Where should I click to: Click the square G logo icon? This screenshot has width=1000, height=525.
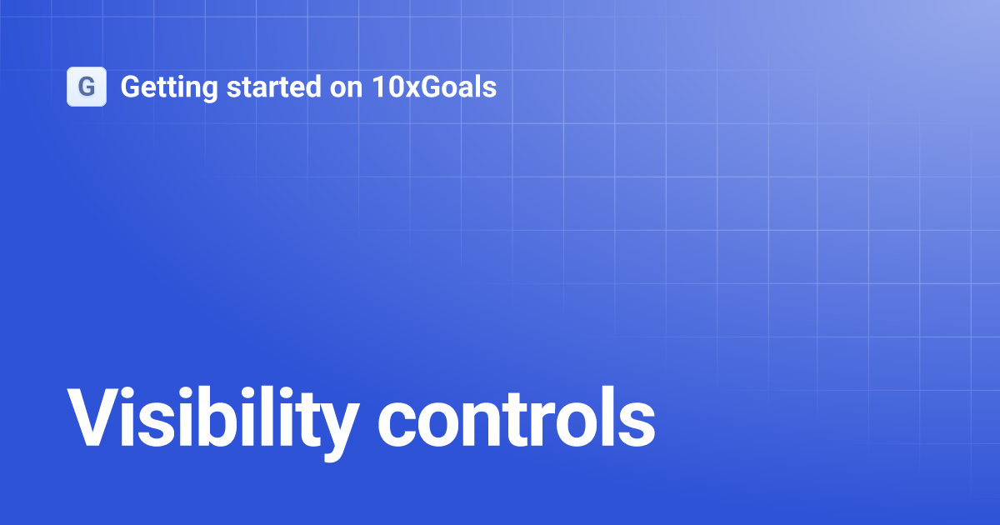pyautogui.click(x=86, y=87)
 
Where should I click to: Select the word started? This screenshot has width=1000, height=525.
pyautogui.click(x=252, y=87)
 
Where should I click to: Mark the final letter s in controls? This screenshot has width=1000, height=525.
pyautogui.click(x=636, y=422)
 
